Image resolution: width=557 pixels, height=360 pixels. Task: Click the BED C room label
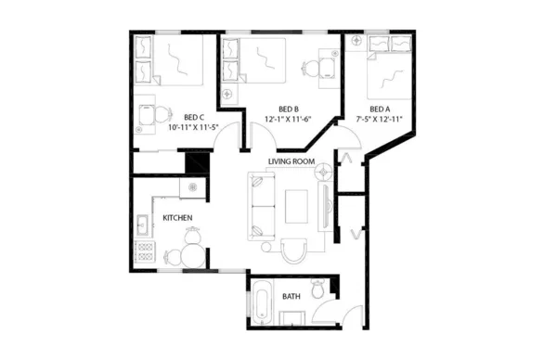[193, 117]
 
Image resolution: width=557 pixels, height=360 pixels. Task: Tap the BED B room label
[288, 108]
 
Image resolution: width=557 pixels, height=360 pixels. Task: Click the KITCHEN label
[177, 218]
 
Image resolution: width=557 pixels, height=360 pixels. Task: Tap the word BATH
[291, 297]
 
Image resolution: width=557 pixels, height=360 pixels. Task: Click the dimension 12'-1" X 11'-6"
[288, 119]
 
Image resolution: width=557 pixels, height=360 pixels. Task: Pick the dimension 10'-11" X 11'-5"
[194, 128]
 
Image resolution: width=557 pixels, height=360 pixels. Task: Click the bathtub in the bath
[263, 305]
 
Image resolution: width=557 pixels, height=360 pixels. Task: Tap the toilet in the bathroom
[318, 290]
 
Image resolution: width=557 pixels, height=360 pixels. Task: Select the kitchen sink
[145, 225]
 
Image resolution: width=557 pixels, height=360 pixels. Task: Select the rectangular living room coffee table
[297, 205]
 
